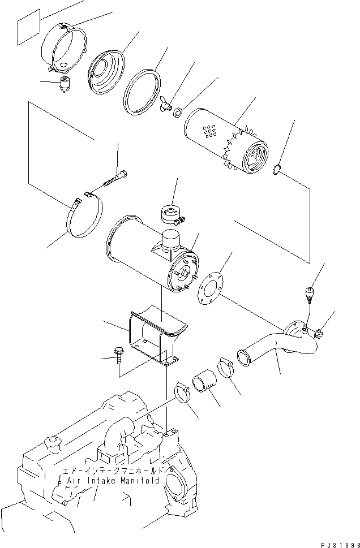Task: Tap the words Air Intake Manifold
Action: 113,481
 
